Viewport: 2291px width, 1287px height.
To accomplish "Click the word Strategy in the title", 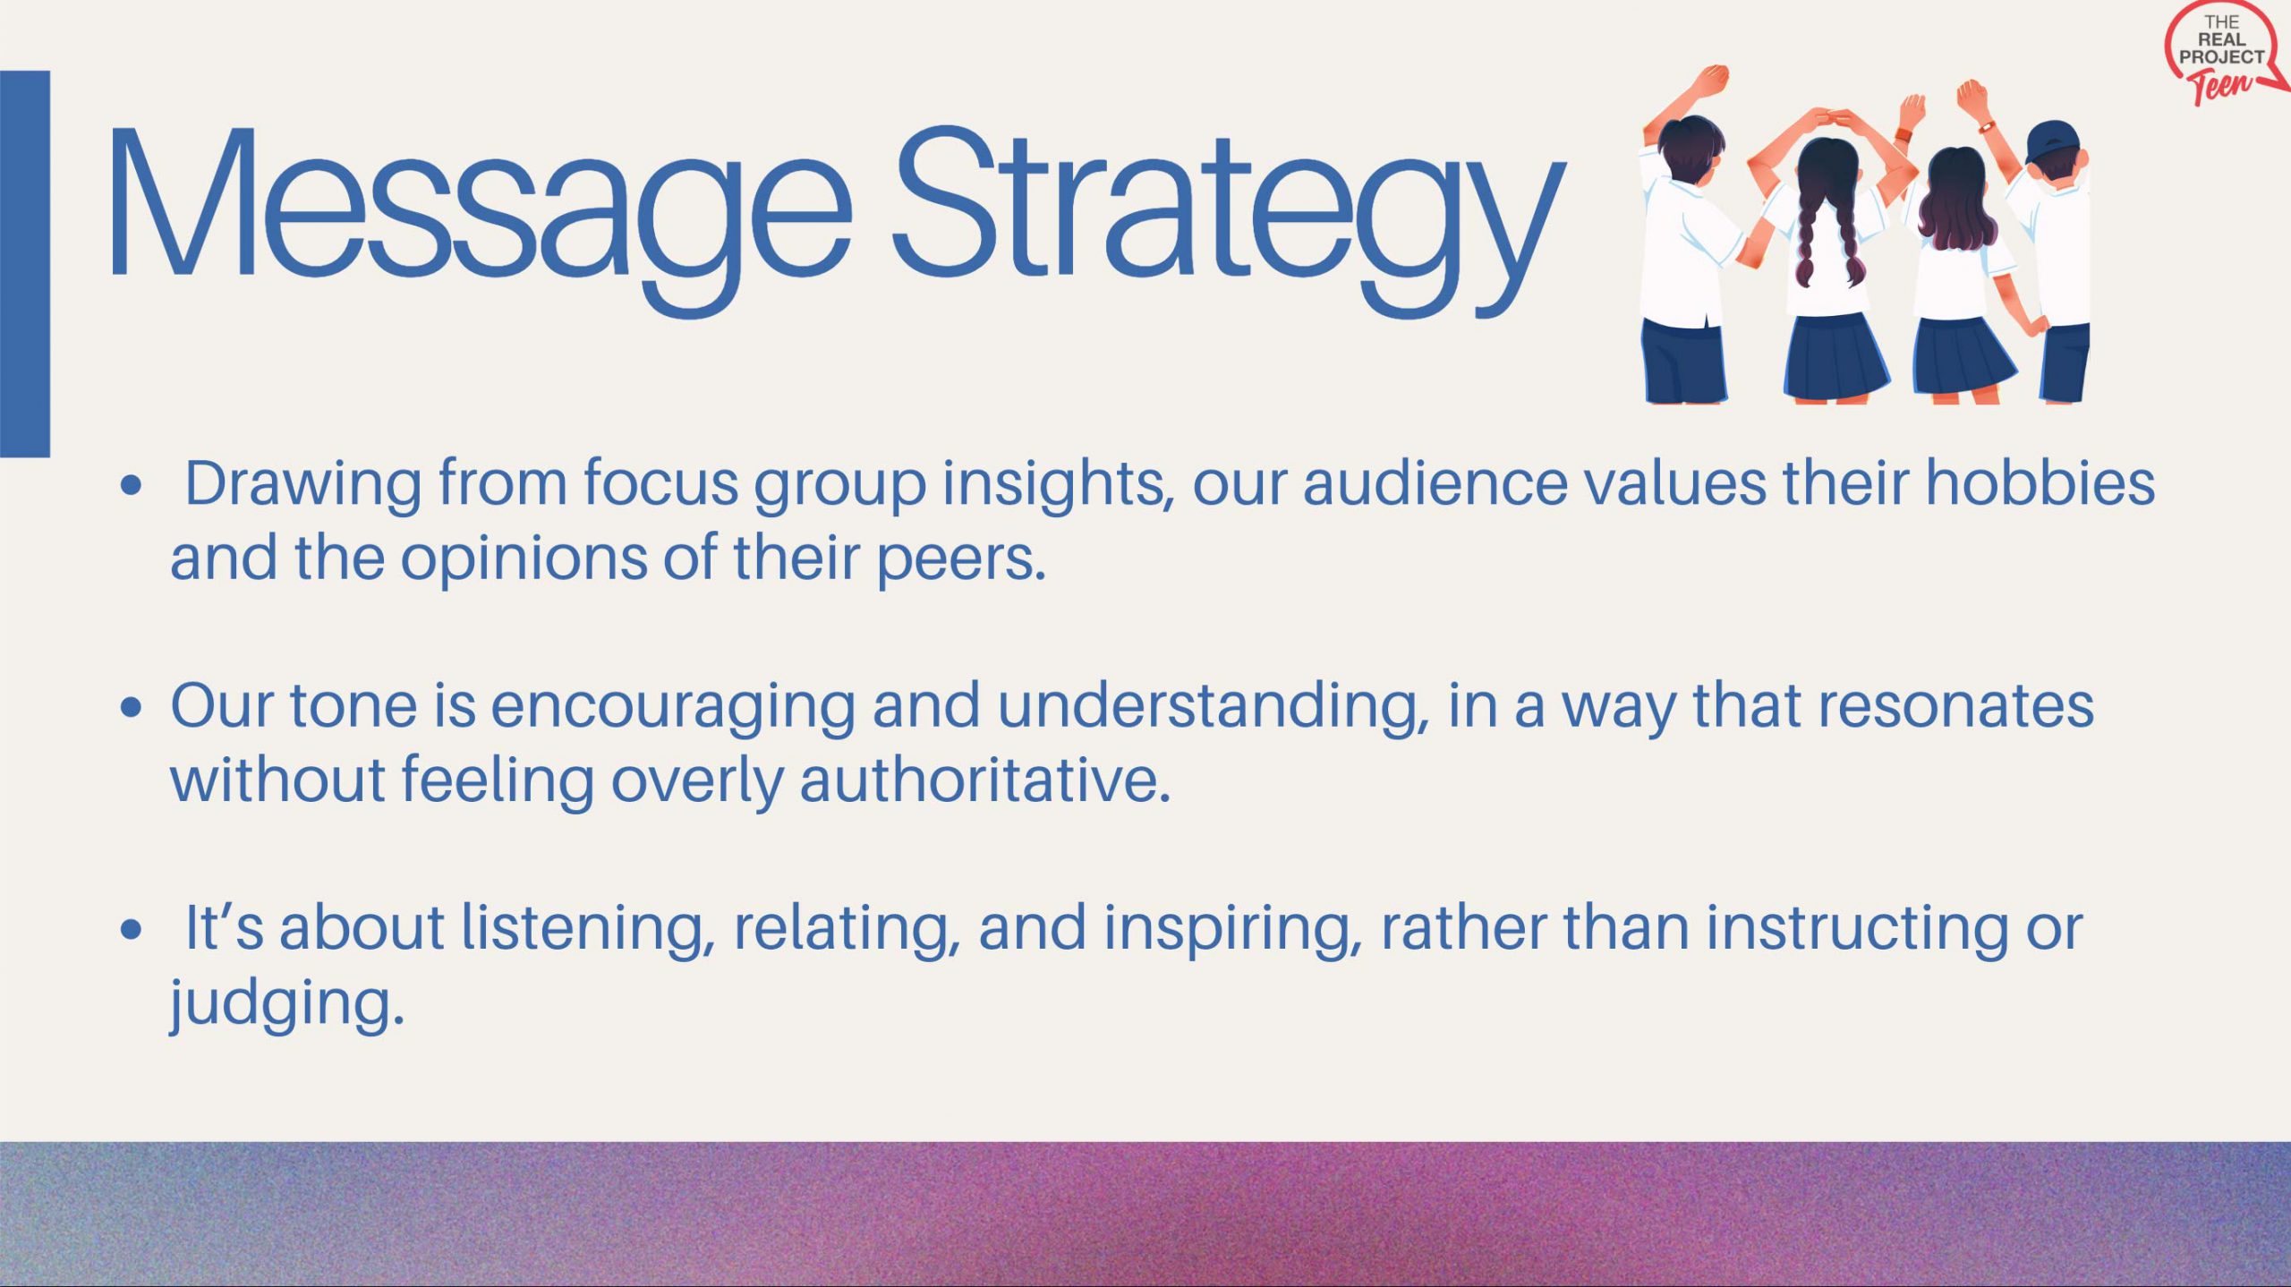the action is tap(1229, 220).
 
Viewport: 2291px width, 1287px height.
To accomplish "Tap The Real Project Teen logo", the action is tap(2225, 54).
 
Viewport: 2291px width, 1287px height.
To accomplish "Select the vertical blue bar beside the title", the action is tap(25, 264).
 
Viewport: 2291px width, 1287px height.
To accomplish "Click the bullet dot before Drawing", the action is tap(132, 486).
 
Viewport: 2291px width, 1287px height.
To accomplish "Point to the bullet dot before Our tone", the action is tap(132, 708).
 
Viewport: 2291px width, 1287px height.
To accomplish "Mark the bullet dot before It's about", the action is tap(132, 929).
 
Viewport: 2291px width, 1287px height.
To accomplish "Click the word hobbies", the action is tap(2040, 482).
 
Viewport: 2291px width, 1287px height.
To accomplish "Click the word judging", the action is tap(287, 1005).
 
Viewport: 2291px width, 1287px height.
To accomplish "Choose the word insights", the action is tap(1059, 484).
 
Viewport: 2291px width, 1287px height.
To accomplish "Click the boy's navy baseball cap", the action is tap(2053, 142).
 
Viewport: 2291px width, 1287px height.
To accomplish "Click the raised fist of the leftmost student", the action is tap(1713, 80).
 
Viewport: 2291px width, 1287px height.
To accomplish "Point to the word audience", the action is tap(1435, 482).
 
